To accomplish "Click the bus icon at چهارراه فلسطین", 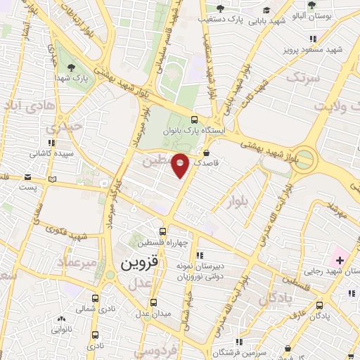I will pos(163,231).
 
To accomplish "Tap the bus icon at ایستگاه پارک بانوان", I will pos(193,119).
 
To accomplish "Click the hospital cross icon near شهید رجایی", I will pos(340,260).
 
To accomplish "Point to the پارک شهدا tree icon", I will pos(72,67).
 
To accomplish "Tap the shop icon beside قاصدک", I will pos(206,151).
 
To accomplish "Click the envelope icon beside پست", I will pos(51,179).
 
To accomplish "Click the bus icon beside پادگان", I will pos(321,305).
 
